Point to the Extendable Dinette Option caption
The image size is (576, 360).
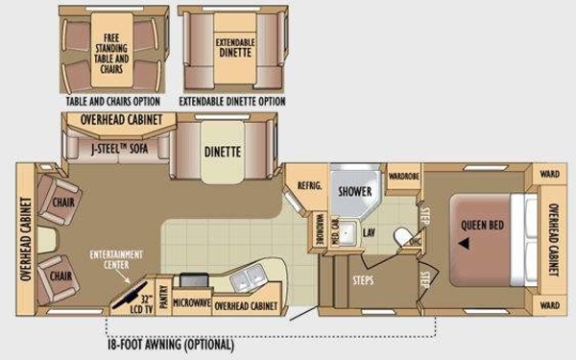231,99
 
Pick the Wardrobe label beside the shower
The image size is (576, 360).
402,178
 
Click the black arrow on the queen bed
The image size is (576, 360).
465,244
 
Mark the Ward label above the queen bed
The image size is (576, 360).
549,175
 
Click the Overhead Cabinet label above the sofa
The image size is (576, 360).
112,121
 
